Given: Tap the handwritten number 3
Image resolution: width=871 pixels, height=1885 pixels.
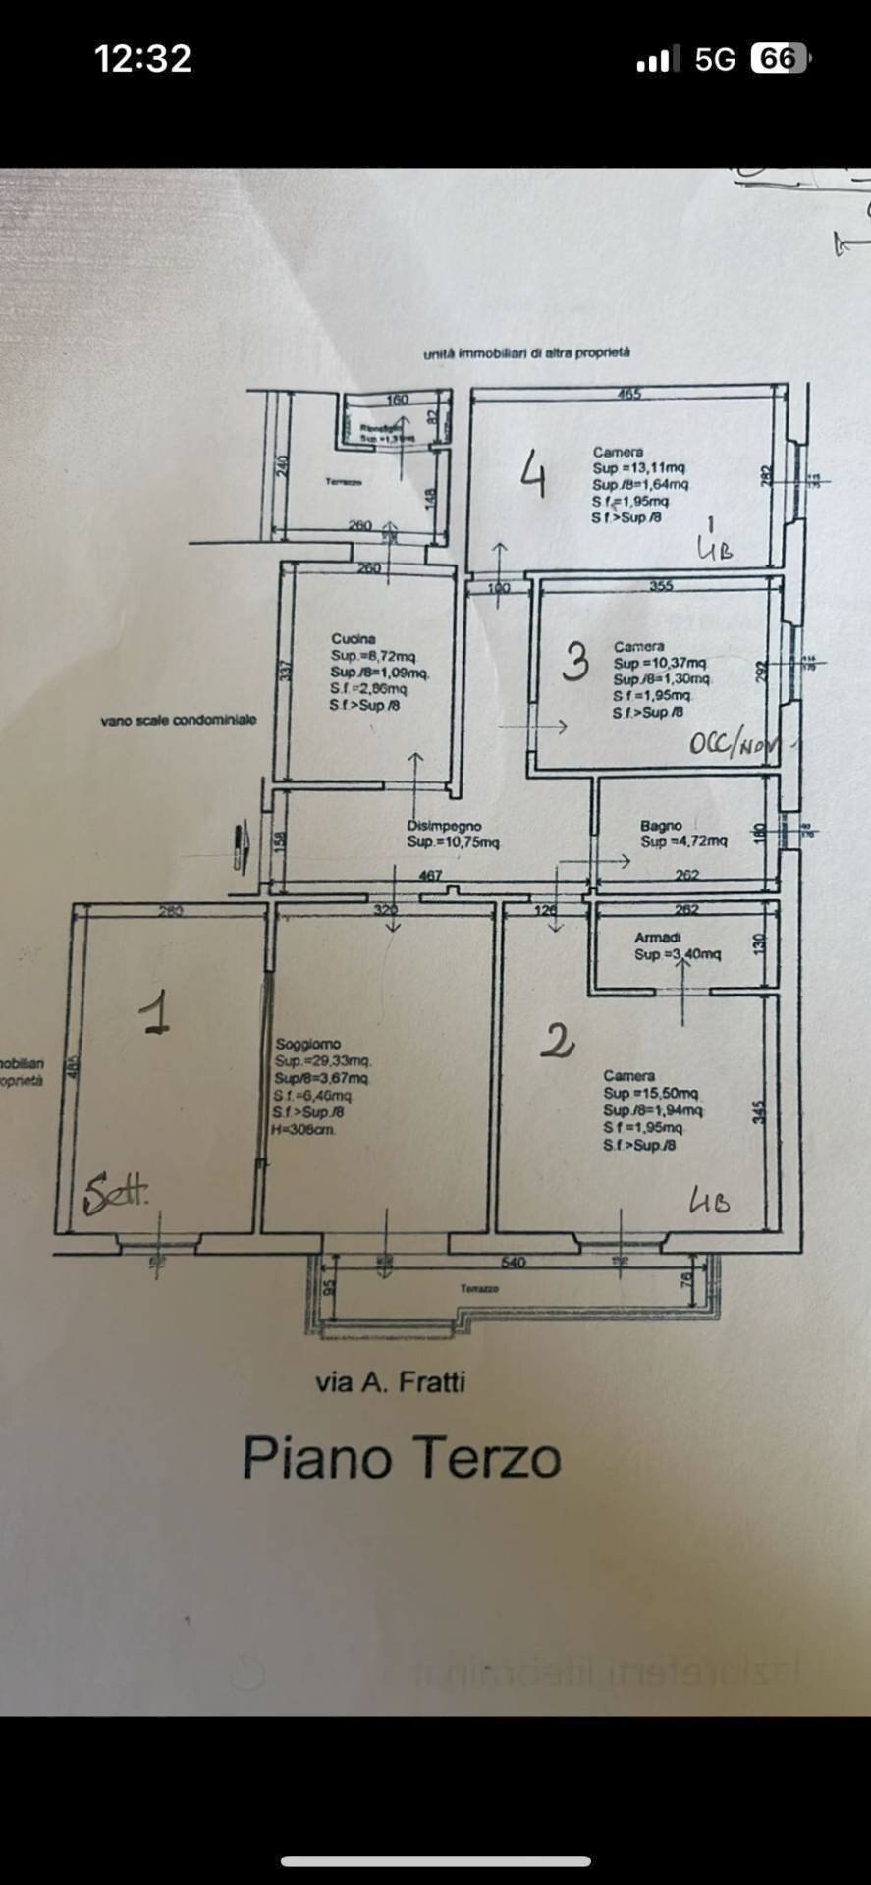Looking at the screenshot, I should (x=575, y=661).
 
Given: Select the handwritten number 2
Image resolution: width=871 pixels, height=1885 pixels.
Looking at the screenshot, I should (x=557, y=1040).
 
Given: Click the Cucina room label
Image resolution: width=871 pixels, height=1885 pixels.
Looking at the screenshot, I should (x=353, y=639).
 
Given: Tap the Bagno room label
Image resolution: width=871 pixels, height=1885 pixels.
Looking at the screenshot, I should (x=661, y=826).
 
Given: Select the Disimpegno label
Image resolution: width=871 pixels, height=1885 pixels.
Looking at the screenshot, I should (x=444, y=826).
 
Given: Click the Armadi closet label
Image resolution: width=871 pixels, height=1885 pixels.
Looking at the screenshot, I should (x=657, y=938).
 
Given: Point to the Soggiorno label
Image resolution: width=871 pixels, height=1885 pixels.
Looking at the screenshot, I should (x=307, y=1044).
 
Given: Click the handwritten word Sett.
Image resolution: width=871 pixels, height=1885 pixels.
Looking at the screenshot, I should (x=116, y=1193).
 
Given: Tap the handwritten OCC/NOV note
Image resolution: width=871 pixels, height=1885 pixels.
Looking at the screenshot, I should (x=732, y=743).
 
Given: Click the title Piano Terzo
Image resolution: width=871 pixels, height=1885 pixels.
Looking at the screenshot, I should (x=402, y=1457).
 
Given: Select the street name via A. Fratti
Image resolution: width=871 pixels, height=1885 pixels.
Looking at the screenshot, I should (x=390, y=1382).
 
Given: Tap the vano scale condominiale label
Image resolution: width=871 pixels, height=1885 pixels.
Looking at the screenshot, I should (x=178, y=720).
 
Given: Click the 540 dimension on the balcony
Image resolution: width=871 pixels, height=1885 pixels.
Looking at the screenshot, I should (x=514, y=1262).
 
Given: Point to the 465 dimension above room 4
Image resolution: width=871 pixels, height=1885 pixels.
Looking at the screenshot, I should (x=628, y=394).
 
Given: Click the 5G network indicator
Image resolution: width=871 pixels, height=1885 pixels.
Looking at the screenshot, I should (x=715, y=59).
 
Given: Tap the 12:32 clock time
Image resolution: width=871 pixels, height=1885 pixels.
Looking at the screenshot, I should (x=143, y=59).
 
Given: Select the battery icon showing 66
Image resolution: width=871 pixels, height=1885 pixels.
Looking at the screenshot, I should (x=779, y=59).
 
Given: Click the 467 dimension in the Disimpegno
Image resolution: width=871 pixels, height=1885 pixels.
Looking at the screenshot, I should (x=430, y=875).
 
